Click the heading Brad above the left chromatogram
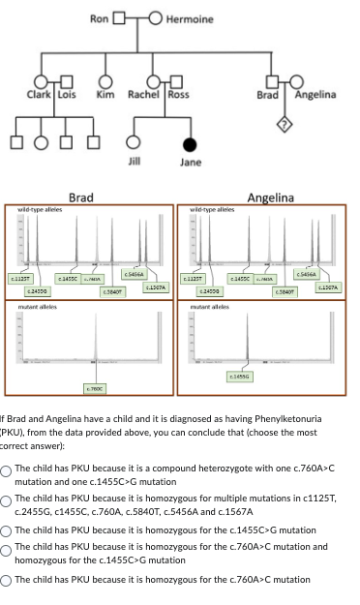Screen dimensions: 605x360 tap(81, 197)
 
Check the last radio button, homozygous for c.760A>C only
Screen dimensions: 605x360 tap(8, 579)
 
